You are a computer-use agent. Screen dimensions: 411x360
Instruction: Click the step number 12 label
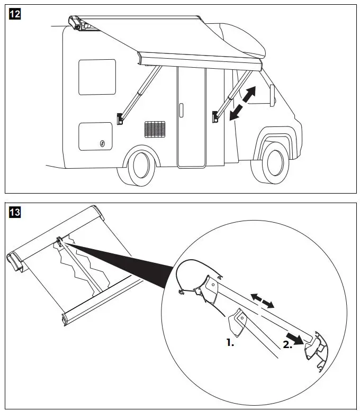pyautogui.click(x=15, y=15)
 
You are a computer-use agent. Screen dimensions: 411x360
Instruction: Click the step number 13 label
pyautogui.click(x=15, y=213)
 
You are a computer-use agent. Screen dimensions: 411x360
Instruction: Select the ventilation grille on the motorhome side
pyautogui.click(x=155, y=129)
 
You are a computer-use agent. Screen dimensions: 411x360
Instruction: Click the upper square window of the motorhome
pyautogui.click(x=97, y=77)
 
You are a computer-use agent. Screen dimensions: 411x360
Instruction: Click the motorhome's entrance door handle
pyautogui.click(x=181, y=110)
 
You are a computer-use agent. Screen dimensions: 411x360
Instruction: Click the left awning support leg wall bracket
pyautogui.click(x=121, y=118)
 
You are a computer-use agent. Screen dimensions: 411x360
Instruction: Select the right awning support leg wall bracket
pyautogui.click(x=216, y=116)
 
